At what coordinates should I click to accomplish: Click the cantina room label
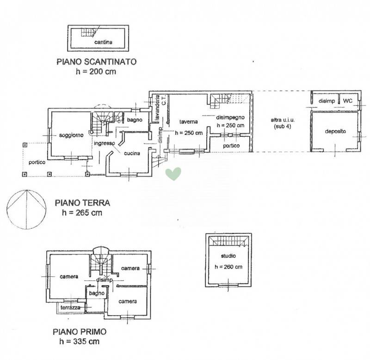103,42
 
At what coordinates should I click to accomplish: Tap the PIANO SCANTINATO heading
97,62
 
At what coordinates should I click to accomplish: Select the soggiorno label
71,135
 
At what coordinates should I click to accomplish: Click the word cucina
132,153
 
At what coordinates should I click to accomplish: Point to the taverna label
188,122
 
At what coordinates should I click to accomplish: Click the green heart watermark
173,174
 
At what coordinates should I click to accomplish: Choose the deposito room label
335,131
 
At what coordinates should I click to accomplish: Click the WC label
348,101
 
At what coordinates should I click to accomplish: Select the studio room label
228,256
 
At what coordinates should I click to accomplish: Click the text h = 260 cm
228,267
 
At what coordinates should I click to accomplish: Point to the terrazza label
70,307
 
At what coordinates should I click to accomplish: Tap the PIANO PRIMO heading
80,332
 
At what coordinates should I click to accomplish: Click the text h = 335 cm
80,342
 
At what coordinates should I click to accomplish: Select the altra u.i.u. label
283,120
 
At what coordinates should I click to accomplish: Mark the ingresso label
105,143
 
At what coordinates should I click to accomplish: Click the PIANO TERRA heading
82,203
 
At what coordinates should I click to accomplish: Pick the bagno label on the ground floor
135,120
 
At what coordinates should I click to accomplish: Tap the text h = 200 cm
96,72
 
